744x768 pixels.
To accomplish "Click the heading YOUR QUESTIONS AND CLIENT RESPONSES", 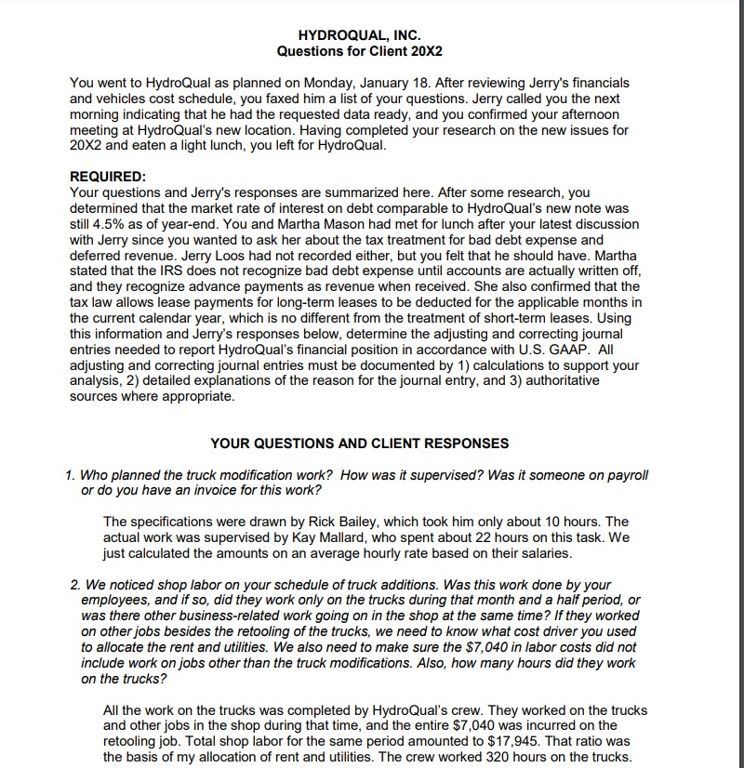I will [x=360, y=444].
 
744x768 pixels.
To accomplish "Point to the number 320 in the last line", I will [x=526, y=757].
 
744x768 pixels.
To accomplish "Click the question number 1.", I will [x=71, y=475].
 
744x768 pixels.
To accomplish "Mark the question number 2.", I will [x=73, y=585].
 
